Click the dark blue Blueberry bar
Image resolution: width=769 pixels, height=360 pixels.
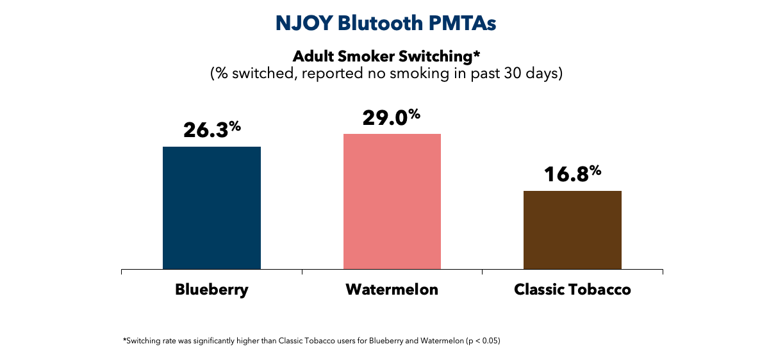coord(211,208)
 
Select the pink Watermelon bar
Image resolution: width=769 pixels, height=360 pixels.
coord(392,202)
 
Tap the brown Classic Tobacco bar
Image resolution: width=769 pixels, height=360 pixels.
coord(572,230)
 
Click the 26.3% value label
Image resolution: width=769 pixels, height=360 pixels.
coord(211,129)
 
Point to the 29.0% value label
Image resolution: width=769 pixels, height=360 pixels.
coord(392,117)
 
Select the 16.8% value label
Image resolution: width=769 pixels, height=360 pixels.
coord(572,173)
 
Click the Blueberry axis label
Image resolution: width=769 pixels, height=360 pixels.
coord(211,290)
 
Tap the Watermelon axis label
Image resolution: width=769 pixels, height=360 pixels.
coord(392,290)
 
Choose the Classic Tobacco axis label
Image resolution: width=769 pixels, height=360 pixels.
coord(572,290)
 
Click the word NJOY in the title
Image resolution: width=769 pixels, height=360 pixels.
coord(304,23)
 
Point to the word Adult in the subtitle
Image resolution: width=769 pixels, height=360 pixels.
coord(312,57)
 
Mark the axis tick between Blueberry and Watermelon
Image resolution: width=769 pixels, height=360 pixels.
coord(302,273)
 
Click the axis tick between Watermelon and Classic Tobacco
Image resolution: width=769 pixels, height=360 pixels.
coord(482,273)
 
